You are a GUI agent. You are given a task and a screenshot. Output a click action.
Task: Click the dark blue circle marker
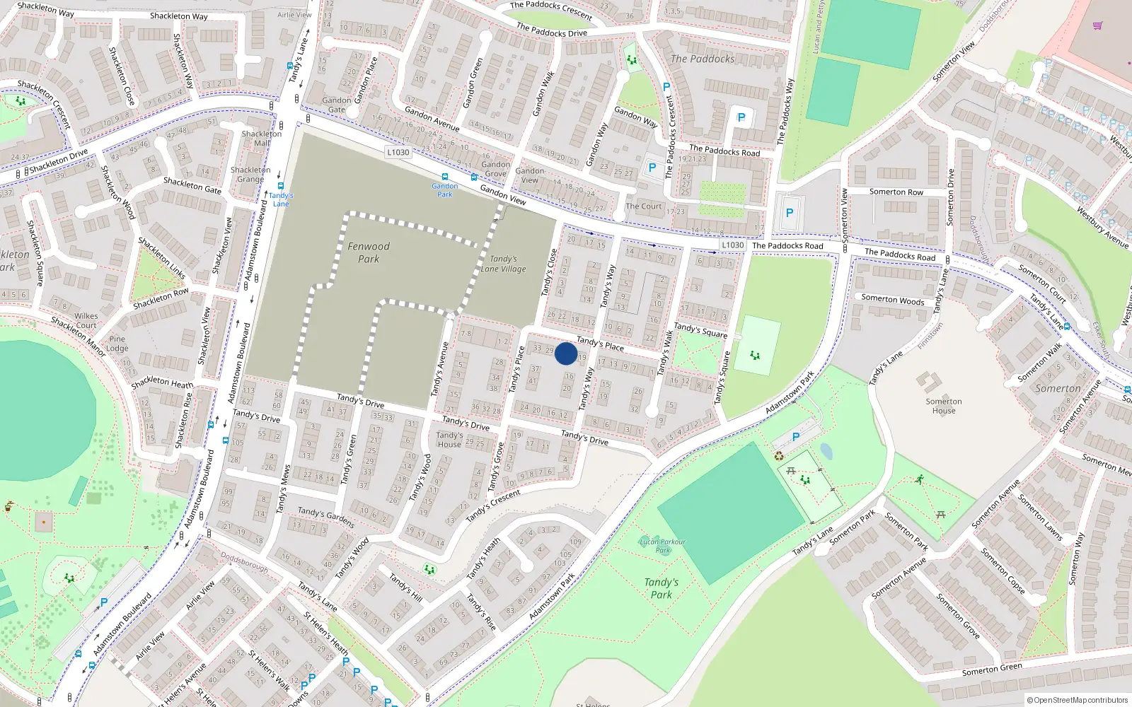click(x=566, y=353)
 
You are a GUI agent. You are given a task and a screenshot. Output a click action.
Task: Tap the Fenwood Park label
click(x=369, y=252)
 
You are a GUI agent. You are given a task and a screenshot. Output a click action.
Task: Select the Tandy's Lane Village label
click(x=503, y=264)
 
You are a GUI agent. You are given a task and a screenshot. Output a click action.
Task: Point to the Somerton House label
click(x=944, y=406)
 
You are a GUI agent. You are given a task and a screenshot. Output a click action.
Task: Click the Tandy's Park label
click(x=662, y=588)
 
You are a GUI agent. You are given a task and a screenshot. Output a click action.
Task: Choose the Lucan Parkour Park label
click(x=662, y=546)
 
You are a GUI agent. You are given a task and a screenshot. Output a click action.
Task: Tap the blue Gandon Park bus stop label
click(x=445, y=190)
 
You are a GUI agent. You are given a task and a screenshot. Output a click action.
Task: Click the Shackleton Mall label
click(x=262, y=138)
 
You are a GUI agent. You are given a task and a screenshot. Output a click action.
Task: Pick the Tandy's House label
click(x=449, y=440)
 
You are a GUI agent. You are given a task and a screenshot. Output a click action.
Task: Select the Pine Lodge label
click(x=117, y=344)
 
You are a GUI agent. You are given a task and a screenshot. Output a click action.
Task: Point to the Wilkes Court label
click(x=86, y=321)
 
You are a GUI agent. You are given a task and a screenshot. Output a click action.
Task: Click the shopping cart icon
click(x=1097, y=25)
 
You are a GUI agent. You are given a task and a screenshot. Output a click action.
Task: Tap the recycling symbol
click(x=779, y=456)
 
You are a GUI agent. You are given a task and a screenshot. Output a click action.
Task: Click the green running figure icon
click(x=919, y=479)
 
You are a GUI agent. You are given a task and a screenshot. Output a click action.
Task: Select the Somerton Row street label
click(x=896, y=192)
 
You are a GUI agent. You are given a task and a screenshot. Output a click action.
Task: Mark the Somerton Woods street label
click(x=893, y=299)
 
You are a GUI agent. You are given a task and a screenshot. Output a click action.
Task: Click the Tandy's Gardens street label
click(x=326, y=517)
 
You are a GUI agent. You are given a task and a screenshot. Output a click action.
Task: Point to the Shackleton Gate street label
click(x=192, y=186)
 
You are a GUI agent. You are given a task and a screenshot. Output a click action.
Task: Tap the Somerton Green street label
click(x=992, y=670)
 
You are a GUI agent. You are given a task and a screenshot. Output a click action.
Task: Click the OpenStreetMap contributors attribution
click(x=1077, y=700)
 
